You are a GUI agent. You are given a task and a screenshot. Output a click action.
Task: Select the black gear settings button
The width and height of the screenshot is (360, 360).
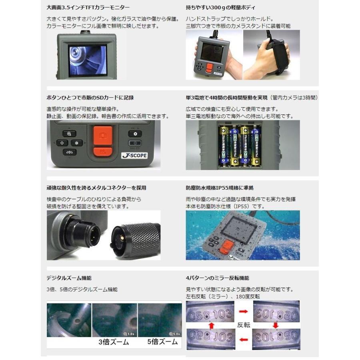(x=135, y=134)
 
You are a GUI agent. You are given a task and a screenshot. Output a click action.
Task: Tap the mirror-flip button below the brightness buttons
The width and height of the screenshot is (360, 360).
(x=69, y=152)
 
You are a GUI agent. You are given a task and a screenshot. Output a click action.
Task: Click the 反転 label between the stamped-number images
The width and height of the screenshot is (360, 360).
(x=244, y=325)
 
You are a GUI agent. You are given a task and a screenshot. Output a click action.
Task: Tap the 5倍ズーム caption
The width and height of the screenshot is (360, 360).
(x=160, y=342)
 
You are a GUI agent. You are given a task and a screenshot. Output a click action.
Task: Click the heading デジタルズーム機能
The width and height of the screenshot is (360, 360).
(x=66, y=278)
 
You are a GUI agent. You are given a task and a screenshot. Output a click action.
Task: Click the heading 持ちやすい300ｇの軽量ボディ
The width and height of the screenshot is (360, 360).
(x=221, y=8)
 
